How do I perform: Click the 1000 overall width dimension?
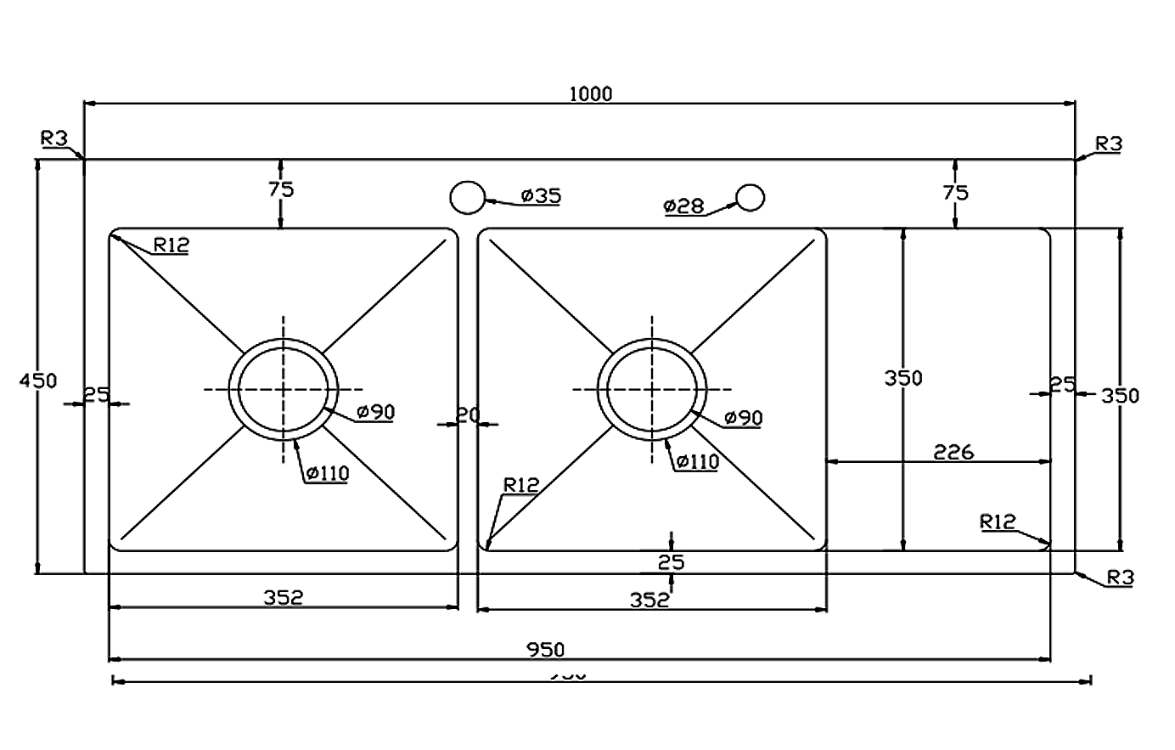591,93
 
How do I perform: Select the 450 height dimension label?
38,380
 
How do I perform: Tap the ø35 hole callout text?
541,196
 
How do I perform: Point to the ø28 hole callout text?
684,206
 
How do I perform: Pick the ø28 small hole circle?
750,197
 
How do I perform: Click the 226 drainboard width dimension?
953,451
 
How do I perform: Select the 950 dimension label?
545,650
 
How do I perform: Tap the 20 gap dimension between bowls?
468,415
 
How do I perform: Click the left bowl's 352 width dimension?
283,598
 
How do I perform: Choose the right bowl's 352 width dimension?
649,600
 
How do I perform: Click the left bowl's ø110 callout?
328,474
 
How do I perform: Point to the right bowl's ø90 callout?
744,418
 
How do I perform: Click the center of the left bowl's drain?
284,389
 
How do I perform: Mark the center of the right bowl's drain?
652,389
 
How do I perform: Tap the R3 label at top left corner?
53,138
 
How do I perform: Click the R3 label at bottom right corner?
1121,578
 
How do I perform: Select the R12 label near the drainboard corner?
998,522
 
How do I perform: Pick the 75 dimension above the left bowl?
281,189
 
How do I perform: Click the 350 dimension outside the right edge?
1120,395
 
